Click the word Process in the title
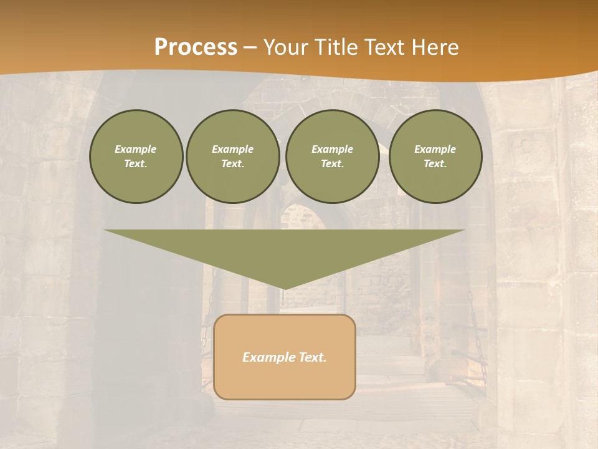[x=196, y=47]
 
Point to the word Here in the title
[x=434, y=47]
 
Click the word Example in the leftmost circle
[x=136, y=149]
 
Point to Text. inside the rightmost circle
[x=435, y=164]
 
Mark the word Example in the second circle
[x=232, y=149]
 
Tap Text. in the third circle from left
[x=332, y=164]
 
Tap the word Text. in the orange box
[x=313, y=357]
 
